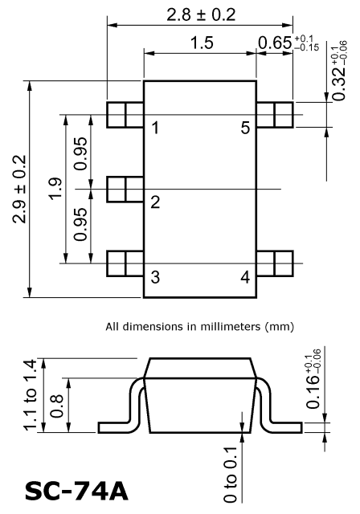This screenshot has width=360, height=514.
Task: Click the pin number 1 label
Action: [x=155, y=128]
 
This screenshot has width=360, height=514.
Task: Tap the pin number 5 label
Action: [x=245, y=128]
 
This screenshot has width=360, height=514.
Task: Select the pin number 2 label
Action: [x=155, y=202]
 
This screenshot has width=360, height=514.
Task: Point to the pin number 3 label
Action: [x=155, y=276]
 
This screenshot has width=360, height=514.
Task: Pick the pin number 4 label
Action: [x=245, y=276]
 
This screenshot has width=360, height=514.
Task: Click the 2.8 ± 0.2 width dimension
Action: [x=201, y=14]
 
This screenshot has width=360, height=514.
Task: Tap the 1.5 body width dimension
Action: [x=202, y=43]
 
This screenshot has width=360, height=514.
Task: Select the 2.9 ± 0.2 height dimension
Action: [x=19, y=190]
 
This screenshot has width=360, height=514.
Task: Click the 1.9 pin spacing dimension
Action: [x=55, y=187]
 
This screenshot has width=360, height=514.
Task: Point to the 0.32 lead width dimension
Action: [x=339, y=71]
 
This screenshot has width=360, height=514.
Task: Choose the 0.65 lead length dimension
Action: [x=288, y=43]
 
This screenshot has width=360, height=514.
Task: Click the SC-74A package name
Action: [x=76, y=492]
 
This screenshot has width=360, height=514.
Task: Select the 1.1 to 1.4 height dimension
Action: [x=30, y=394]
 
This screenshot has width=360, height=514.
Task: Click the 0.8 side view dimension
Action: [x=57, y=406]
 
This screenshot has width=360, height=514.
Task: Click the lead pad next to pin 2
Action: [x=125, y=190]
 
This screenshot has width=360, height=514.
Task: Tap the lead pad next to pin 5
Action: [x=275, y=115]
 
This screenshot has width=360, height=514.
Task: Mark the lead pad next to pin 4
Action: [x=275, y=263]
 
